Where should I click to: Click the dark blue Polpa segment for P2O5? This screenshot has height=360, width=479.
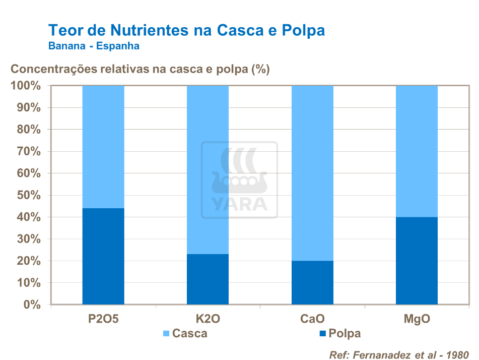click(x=103, y=256)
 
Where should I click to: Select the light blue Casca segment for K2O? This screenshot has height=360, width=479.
click(x=208, y=169)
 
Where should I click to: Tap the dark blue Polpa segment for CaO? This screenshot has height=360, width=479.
click(x=312, y=282)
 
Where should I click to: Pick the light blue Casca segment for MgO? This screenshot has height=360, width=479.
click(x=417, y=151)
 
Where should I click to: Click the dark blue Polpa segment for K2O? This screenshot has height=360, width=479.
click(x=208, y=279)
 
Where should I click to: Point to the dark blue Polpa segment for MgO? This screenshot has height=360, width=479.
click(x=417, y=261)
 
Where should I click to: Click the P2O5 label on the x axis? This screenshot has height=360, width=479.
click(x=103, y=319)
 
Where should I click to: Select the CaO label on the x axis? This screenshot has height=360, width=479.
click(x=312, y=319)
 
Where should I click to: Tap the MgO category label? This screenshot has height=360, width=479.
click(x=417, y=319)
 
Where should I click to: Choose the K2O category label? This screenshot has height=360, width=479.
click(x=208, y=319)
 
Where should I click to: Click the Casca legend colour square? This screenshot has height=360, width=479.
click(x=166, y=334)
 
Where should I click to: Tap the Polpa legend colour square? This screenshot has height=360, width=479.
click(x=322, y=334)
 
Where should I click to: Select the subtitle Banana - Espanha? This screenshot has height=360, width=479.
click(x=94, y=46)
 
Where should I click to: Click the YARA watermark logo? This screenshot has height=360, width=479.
click(x=239, y=180)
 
